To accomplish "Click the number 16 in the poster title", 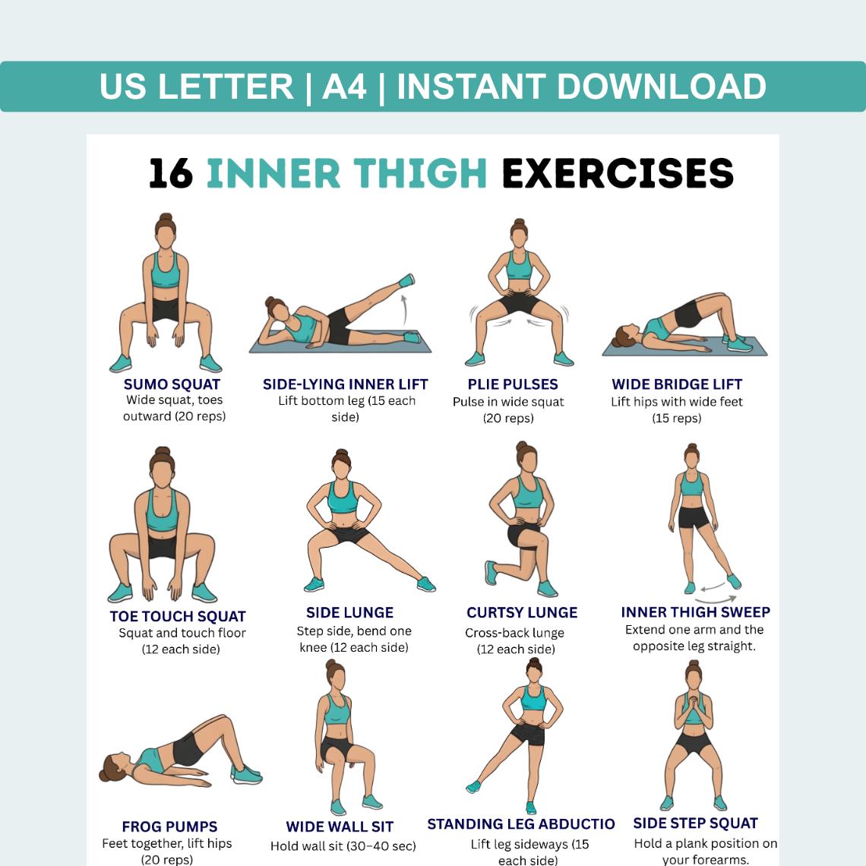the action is (x=171, y=173).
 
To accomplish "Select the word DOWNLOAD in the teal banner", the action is (x=661, y=87).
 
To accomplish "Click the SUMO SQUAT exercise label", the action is (x=172, y=384).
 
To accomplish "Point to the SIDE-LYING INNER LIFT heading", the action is (x=345, y=384).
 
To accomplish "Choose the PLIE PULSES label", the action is (x=513, y=384).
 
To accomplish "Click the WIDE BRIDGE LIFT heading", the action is (x=677, y=384).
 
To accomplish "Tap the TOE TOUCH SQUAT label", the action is (x=178, y=616).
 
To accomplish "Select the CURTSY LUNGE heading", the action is (x=522, y=612).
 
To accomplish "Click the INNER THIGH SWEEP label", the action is (x=695, y=612).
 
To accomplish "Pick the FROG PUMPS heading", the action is (x=169, y=826).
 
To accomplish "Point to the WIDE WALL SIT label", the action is (x=340, y=826).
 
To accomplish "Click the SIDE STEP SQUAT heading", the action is (x=695, y=823).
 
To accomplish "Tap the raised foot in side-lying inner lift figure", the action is (x=407, y=280).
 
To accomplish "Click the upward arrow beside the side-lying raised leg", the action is (x=404, y=310).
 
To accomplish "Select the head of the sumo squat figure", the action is (x=165, y=234).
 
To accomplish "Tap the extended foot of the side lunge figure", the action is (x=426, y=583).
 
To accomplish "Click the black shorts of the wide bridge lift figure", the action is (x=688, y=314).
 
